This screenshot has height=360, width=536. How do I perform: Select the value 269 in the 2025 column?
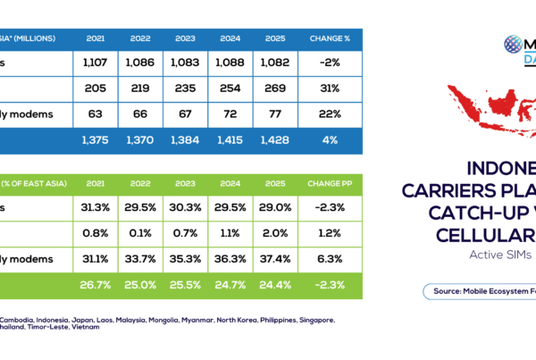click(x=275, y=89)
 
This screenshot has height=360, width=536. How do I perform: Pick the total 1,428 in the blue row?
click(x=275, y=141)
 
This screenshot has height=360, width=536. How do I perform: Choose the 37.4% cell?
click(x=275, y=259)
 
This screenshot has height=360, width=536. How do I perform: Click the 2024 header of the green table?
click(x=229, y=182)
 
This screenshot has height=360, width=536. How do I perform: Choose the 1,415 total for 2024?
click(x=229, y=141)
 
